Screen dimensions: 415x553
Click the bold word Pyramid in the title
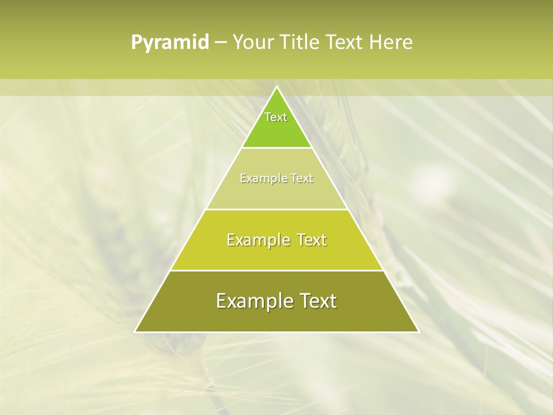170,43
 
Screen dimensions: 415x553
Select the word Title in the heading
301,43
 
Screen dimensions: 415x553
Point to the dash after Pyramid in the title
220,43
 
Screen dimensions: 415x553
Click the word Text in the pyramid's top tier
276,117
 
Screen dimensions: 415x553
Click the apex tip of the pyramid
276,87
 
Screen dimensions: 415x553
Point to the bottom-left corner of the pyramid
135,331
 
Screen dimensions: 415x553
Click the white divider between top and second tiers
276,148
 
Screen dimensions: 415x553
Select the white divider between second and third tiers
276,209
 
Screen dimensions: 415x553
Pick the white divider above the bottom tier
276,270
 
